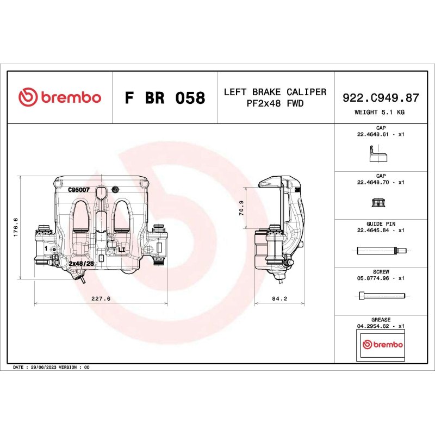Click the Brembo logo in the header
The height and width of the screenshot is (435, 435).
coord(60,97)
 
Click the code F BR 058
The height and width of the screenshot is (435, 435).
coord(165,98)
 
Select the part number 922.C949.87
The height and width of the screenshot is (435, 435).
coord(381,98)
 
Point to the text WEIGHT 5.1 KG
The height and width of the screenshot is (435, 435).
coord(379,112)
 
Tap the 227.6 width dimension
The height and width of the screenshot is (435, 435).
coord(101,299)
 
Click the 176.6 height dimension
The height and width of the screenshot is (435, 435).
coord(16,227)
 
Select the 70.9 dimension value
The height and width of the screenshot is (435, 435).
coord(241,208)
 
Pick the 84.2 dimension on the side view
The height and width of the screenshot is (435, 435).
coord(279,299)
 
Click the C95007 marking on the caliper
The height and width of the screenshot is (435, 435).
coord(79,190)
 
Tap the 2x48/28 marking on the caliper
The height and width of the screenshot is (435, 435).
coord(82,263)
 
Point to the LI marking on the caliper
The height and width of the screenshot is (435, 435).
coord(121,250)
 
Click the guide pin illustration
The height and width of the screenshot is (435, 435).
coord(382,251)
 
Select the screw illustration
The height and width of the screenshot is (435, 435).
coord(382,296)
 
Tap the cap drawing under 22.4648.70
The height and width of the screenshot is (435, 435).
coord(378,202)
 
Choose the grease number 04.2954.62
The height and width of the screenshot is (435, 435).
coord(373,326)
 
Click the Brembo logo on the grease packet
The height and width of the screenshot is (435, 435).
coord(383,344)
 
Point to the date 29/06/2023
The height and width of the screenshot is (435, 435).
coord(43,368)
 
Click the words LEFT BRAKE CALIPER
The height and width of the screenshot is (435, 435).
coord(275,92)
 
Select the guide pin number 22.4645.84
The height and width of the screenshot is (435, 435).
coord(373,230)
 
